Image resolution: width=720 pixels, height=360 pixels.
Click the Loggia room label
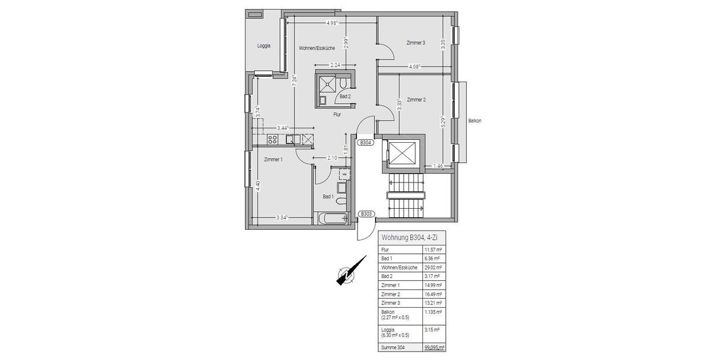(264, 46)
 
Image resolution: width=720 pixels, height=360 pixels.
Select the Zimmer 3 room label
(415, 43)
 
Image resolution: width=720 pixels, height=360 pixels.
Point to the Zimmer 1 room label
(273, 159)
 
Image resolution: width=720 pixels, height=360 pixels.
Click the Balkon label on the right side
(475, 121)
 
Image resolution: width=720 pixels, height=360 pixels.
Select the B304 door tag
(365, 143)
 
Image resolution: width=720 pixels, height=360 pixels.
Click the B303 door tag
(365, 214)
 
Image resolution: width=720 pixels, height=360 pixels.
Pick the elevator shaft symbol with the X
(400, 153)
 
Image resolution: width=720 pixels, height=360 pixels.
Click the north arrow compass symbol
(347, 274)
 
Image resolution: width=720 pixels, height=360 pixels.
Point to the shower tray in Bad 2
(327, 83)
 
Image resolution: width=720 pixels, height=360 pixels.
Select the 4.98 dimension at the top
(332, 23)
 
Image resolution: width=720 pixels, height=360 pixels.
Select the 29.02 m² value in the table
(433, 267)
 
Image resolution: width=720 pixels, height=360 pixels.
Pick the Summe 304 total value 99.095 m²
(433, 347)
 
